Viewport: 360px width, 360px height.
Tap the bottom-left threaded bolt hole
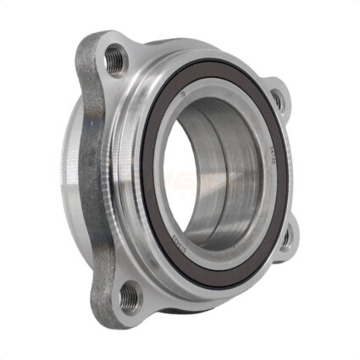click(x=130, y=295)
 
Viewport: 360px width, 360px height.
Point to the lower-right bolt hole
click(x=286, y=238)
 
